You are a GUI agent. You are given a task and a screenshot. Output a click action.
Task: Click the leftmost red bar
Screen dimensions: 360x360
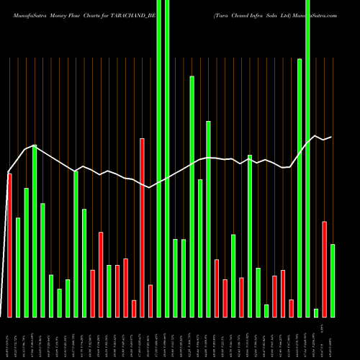point(9,245)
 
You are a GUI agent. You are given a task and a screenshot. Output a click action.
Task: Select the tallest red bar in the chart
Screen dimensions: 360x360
point(143,228)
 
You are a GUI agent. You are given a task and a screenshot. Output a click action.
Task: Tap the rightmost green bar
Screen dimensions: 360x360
point(333,281)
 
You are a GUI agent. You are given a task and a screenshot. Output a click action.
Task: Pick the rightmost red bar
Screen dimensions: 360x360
point(325,269)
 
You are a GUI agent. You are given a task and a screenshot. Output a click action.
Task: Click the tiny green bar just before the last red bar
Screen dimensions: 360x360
point(316,312)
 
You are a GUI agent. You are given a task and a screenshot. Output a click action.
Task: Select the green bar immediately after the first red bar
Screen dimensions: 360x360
point(18,267)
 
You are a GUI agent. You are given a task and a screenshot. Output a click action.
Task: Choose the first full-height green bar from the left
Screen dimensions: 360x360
point(159,158)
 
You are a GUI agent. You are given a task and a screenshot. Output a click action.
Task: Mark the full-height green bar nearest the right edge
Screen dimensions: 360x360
point(308,158)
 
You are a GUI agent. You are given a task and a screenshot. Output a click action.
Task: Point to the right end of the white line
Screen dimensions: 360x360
point(331,137)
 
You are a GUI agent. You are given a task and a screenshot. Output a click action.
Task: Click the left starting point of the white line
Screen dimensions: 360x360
point(9,172)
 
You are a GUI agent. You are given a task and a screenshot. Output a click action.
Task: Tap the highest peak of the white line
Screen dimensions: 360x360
point(314,136)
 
